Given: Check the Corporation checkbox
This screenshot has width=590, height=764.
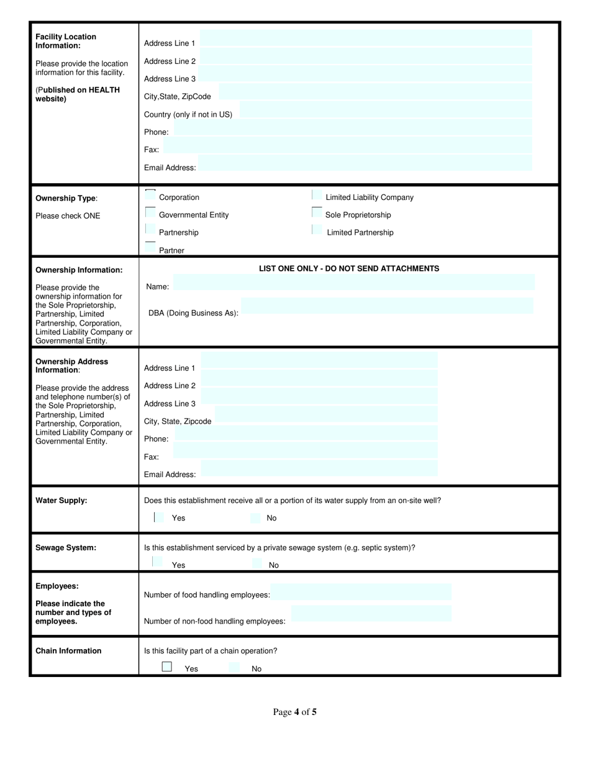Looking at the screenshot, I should (150, 195).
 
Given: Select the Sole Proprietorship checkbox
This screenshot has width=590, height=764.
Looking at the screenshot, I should (317, 213).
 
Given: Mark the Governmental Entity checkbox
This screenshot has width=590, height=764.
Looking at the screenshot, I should (150, 212).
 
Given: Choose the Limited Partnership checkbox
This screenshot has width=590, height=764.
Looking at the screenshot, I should (317, 230).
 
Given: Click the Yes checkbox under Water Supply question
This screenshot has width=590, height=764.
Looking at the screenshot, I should (159, 517).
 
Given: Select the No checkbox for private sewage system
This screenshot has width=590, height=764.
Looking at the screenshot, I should (257, 564).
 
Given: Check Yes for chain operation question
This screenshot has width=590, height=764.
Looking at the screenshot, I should (166, 666).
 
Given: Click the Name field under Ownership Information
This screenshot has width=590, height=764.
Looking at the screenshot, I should (354, 283).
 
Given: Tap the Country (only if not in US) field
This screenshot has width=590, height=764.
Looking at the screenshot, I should (386, 111).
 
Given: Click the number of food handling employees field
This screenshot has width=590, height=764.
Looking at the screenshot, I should (361, 592).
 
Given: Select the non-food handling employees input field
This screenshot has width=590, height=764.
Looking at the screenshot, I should (371, 614).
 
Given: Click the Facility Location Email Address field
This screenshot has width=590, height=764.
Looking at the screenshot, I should (365, 163).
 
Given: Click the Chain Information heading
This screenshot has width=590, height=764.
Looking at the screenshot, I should (68, 651).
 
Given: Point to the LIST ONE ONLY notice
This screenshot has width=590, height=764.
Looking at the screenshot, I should (349, 269).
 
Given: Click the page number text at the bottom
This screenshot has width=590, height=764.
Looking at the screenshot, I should (295, 712).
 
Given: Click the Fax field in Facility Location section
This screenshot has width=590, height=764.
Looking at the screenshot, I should (348, 146).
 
